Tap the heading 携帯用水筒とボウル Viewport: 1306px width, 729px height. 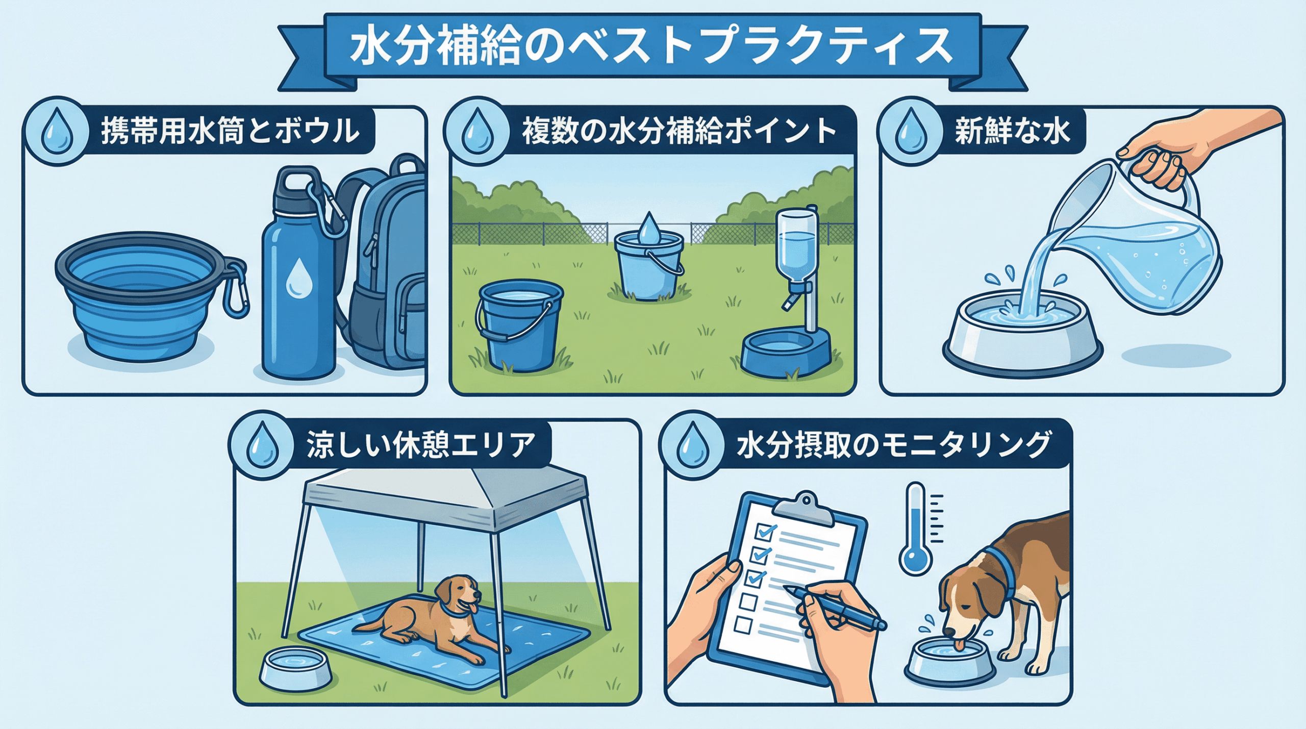coord(230,131)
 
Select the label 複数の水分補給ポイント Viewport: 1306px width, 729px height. coord(679,131)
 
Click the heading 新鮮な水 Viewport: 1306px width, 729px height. coord(1012,131)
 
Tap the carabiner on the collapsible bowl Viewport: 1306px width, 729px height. coord(236,288)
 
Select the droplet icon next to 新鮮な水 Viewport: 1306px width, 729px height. coord(910,131)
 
